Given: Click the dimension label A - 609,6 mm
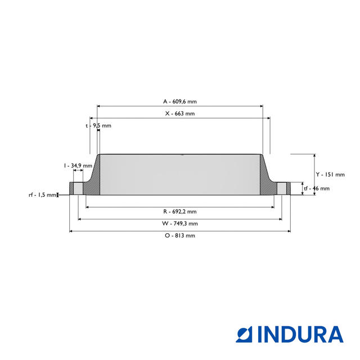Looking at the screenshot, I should coord(180,101).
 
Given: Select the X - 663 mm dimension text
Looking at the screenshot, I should coord(180,114).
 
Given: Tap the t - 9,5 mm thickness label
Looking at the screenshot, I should coord(98,125).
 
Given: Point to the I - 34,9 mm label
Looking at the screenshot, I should coord(78,165).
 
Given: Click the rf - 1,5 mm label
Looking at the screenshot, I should coord(43,195).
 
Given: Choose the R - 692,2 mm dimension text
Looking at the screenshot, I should coord(180,211).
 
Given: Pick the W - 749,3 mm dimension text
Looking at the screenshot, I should coord(180,223).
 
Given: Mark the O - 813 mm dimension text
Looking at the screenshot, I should coord(180,236).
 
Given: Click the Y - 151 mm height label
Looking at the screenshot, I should coord(329,174).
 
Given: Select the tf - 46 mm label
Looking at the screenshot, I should coord(316,188).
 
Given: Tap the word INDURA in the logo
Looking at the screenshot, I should coord(300,334).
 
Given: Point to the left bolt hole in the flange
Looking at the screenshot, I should coord(79,188).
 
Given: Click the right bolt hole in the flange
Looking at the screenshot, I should coord(281,188).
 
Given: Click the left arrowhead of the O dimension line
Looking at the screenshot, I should coord(71,231).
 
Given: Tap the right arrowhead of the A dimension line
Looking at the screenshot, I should coord(261,106).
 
